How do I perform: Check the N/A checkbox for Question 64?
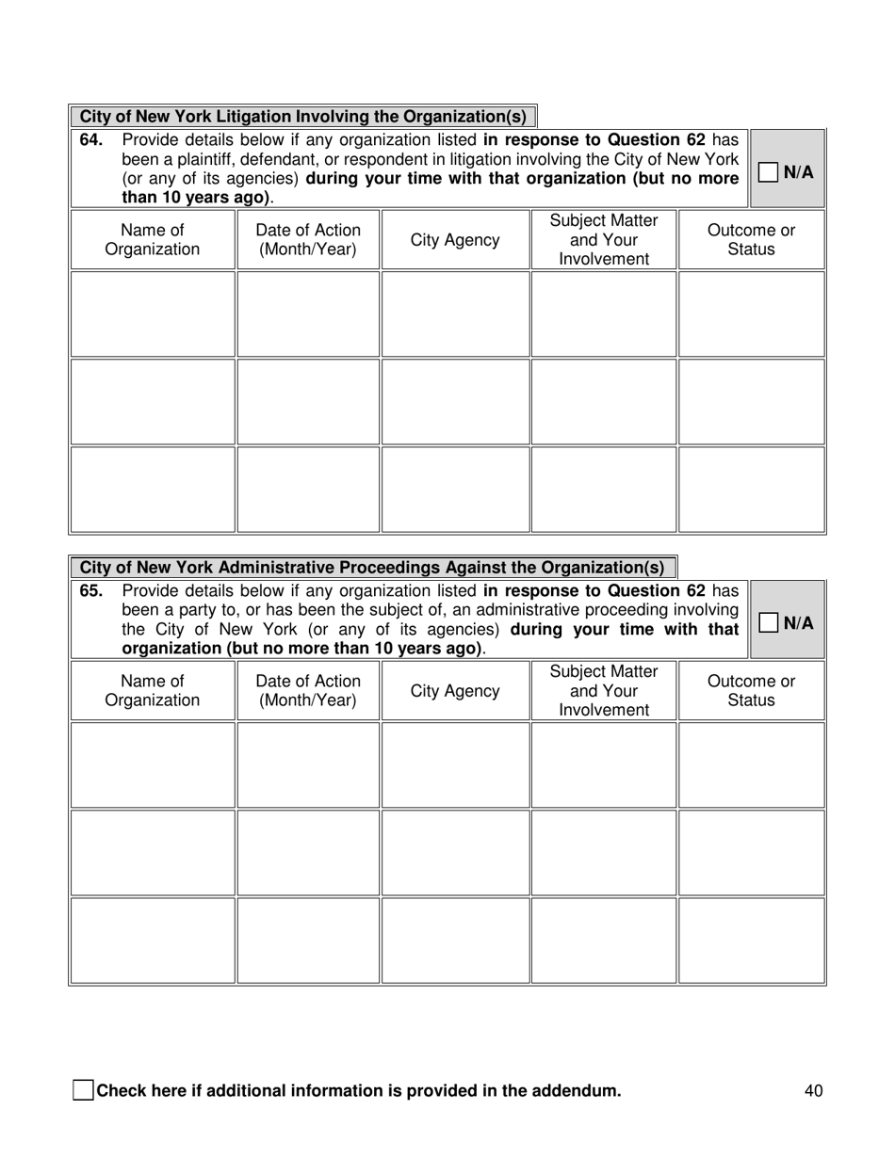pos(769,172)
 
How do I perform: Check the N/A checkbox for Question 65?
pos(769,622)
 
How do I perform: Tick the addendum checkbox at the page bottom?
pos(83,1091)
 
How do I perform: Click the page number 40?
pos(814,1091)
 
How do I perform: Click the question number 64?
pos(89,140)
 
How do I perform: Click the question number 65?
pos(89,590)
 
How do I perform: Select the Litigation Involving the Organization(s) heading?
pos(302,117)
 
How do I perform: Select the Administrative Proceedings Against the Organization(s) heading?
pos(372,568)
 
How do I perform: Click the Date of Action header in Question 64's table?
pos(308,240)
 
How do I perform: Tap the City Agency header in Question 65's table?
pos(455,691)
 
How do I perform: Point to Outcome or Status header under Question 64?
pos(751,240)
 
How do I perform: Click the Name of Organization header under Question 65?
pos(152,691)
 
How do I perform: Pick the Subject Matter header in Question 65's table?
pos(604,691)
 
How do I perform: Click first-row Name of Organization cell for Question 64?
pos(152,314)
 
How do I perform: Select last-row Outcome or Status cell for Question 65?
pos(751,940)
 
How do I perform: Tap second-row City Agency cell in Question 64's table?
pos(455,402)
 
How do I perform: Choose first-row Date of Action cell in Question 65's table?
pos(308,764)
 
